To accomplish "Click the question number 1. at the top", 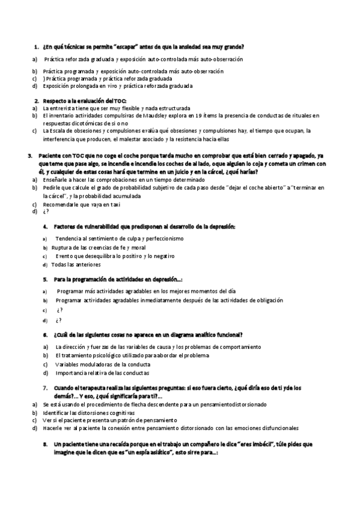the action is pyautogui.click(x=37, y=47).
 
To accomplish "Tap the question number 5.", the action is pyautogui.click(x=46, y=280).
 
